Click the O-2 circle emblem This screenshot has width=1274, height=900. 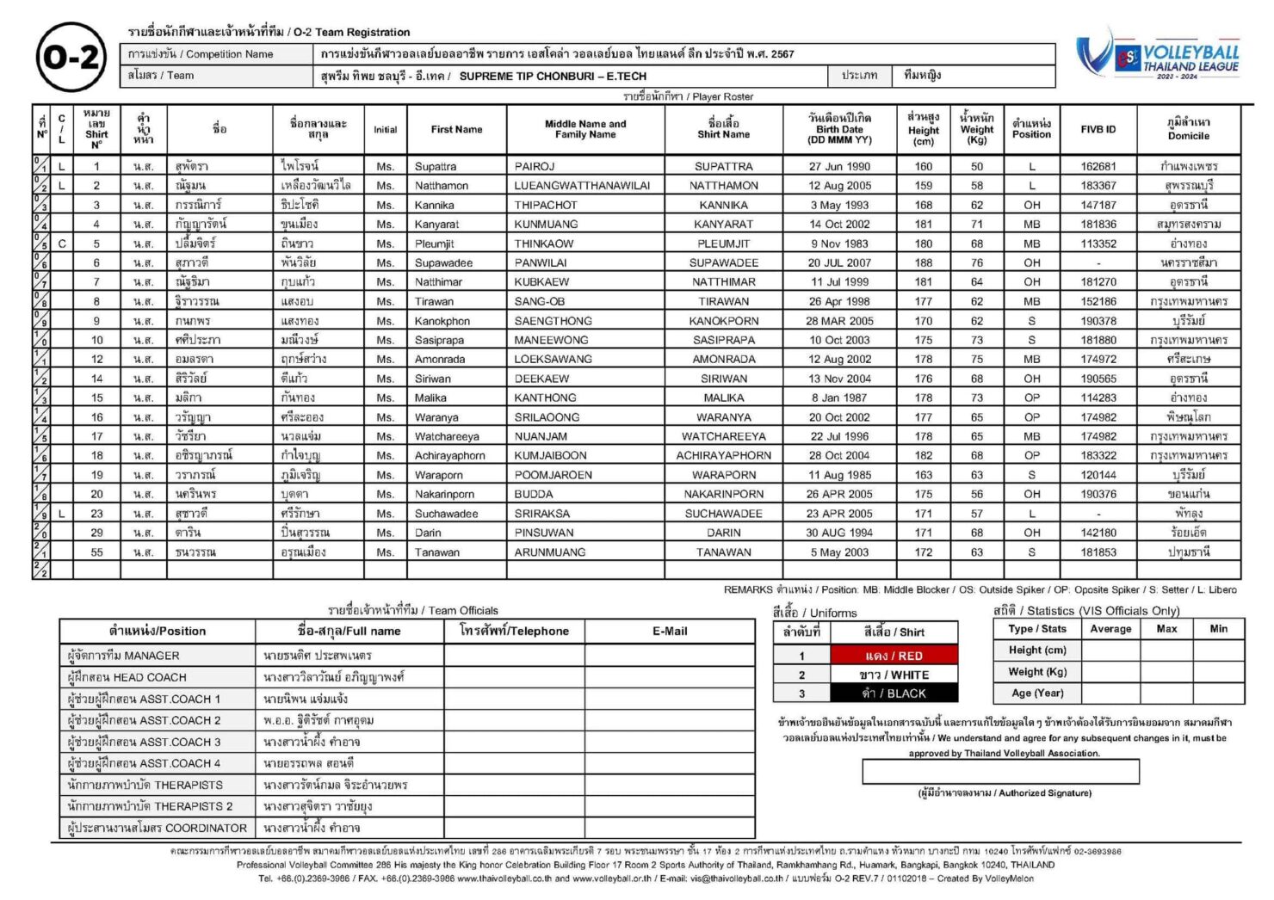[71, 58]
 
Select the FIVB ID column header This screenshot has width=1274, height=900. [1098, 129]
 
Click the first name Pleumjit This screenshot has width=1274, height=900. [434, 243]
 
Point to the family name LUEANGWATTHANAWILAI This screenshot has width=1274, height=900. [582, 186]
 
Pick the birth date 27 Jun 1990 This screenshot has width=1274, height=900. [839, 166]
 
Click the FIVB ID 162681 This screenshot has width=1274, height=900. [1098, 166]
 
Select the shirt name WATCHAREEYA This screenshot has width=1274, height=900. [723, 436]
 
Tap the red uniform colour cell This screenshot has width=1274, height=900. [894, 656]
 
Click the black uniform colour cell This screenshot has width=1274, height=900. [894, 693]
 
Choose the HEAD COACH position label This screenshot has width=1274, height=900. [127, 677]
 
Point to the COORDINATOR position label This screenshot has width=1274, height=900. [157, 828]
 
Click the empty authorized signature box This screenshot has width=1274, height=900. [1000, 772]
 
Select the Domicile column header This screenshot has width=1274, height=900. [1188, 129]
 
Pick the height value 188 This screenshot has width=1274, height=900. [923, 262]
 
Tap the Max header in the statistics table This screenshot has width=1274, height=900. [1166, 629]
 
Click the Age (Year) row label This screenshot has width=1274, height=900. [1036, 693]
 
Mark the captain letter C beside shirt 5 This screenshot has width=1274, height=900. [62, 243]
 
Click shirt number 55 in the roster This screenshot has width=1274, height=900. [96, 552]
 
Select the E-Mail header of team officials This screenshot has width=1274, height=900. [669, 631]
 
